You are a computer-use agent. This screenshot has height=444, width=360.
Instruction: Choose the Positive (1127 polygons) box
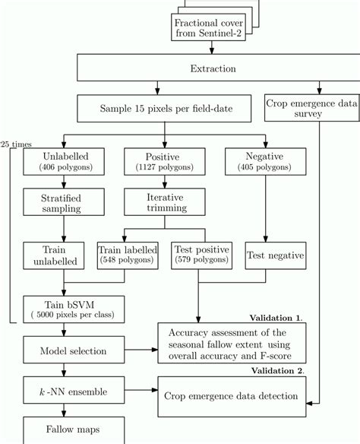click(x=156, y=161)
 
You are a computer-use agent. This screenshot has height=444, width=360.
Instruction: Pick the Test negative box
click(x=274, y=255)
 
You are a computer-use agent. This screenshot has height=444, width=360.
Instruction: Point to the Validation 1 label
click(x=276, y=317)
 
